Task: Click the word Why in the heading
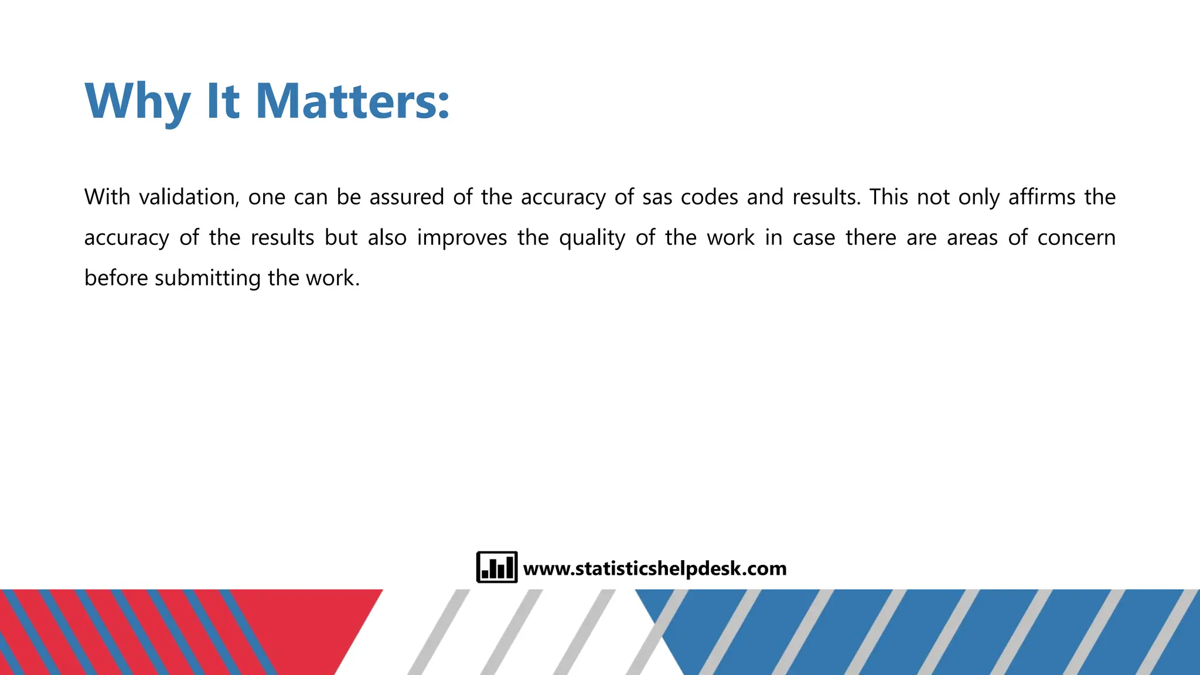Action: [x=138, y=102]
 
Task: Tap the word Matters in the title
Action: [x=352, y=102]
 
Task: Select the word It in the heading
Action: [x=223, y=102]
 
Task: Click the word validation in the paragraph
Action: [x=189, y=197]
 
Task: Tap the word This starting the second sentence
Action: [x=888, y=197]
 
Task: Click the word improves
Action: [x=462, y=238]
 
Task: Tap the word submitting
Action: [x=207, y=278]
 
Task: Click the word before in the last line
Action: [x=116, y=278]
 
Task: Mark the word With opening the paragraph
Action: [x=107, y=197]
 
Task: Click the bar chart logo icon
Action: [x=496, y=567]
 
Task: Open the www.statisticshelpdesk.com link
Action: [x=654, y=568]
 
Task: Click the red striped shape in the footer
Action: [x=176, y=632]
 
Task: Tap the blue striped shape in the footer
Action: [x=937, y=632]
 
